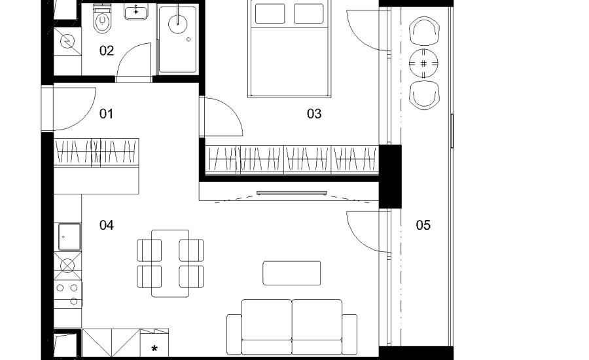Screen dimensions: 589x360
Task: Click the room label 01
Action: click(x=106, y=114)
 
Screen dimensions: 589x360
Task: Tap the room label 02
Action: click(x=107, y=51)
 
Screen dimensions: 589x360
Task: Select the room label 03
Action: click(x=314, y=114)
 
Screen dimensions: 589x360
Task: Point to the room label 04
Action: click(x=106, y=225)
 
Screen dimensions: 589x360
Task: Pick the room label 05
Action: click(x=423, y=225)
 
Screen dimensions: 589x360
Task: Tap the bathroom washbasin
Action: click(x=136, y=12)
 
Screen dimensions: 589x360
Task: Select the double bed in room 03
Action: click(x=289, y=48)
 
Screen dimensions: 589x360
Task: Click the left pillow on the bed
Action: click(x=270, y=14)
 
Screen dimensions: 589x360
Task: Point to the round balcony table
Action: click(x=423, y=63)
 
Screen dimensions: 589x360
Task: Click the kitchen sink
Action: click(x=69, y=237)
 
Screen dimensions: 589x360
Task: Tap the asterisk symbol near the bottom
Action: click(x=154, y=349)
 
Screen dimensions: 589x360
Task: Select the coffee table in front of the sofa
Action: click(x=291, y=273)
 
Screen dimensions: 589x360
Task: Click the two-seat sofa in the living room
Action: click(x=292, y=327)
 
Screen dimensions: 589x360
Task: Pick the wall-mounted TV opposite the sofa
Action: click(x=291, y=193)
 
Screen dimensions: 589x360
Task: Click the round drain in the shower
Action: click(x=177, y=24)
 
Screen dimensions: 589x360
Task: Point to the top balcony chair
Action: click(x=425, y=31)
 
